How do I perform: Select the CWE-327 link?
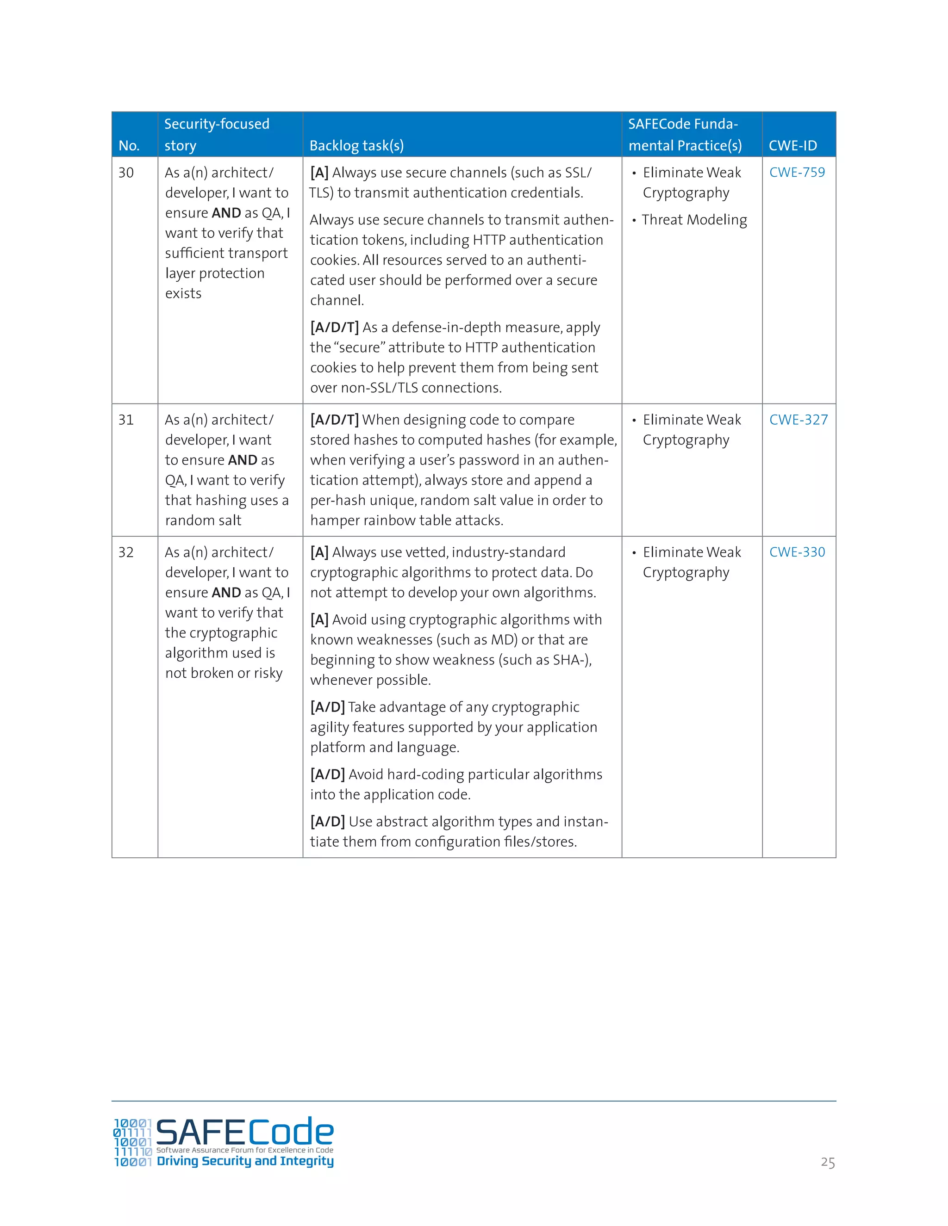pos(798,420)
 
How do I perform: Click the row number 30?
pos(126,173)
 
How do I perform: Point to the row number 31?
pos(126,420)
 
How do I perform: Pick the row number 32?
pos(126,552)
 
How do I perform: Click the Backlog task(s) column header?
pos(356,146)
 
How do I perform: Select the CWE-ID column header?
pos(792,146)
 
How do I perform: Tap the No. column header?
pos(129,146)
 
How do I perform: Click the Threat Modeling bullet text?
pos(694,220)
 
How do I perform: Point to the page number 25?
pos(827,1163)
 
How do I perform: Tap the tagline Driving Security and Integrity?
pos(245,1161)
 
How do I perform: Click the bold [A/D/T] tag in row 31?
pos(334,420)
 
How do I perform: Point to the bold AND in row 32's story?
pos(226,593)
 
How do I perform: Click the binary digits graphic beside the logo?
pos(132,1142)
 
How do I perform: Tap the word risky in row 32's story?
pos(268,674)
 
